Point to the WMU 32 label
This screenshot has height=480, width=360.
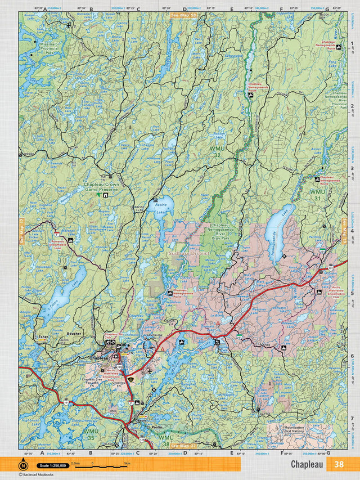coord(217,151)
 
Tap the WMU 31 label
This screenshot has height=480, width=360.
coord(318,195)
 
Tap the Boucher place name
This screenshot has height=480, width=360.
coord(74,333)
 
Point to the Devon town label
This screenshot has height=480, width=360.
coord(139,420)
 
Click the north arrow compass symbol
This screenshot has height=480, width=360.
coord(24,465)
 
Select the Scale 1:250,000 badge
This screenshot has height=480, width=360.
coord(51,465)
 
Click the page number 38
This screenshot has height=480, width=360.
coord(338,464)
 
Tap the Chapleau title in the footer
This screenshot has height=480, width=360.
coord(307,464)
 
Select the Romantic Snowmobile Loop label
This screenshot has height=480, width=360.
coord(58,244)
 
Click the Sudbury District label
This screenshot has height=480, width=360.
coord(188,254)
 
